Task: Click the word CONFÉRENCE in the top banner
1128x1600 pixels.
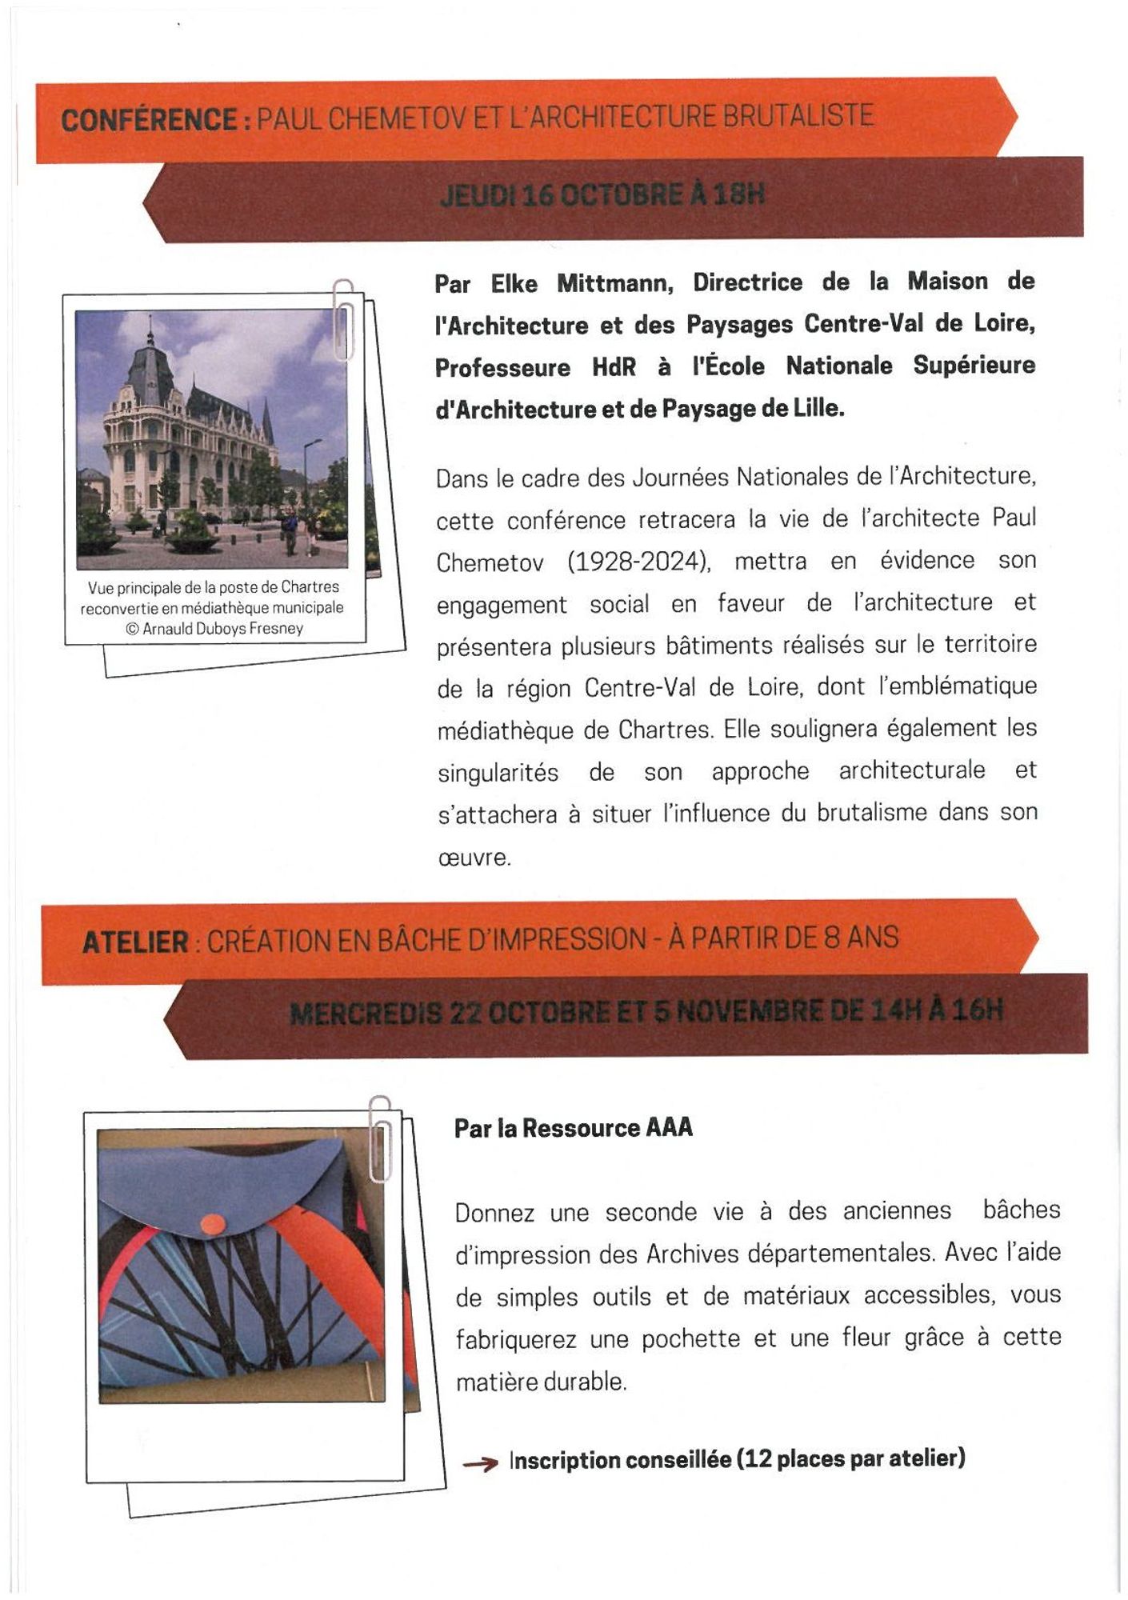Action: click(149, 120)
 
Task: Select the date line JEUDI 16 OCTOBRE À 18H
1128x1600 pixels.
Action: click(602, 194)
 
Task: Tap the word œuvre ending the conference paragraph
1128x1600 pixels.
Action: click(474, 858)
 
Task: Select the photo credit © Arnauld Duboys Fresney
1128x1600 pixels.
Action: click(214, 629)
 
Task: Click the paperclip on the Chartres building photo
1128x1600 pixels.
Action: click(344, 320)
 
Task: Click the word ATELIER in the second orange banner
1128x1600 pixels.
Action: click(135, 942)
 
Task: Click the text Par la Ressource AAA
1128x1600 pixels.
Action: click(573, 1128)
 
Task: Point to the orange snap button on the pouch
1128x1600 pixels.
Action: click(212, 1223)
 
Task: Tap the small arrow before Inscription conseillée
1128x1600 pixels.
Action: click(480, 1463)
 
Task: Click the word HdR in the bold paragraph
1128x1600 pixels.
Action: click(614, 367)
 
